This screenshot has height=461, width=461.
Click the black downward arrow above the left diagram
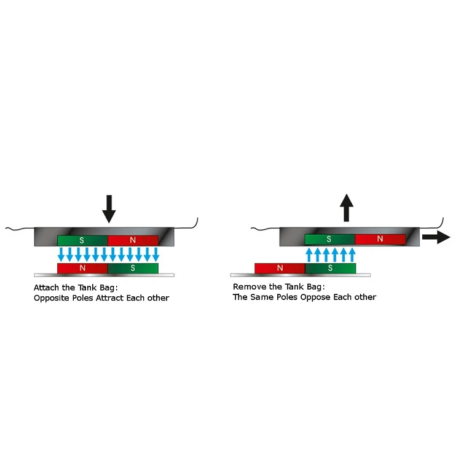point(109,208)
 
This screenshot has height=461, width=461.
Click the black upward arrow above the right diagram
point(347,207)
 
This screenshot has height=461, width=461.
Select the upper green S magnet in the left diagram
point(82,240)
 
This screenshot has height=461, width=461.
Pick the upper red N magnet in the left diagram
point(133,240)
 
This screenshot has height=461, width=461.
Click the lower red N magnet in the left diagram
point(82,268)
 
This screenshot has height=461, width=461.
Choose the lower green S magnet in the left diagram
point(133,268)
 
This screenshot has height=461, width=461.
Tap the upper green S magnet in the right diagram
point(329,238)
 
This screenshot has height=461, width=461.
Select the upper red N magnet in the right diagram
point(380,238)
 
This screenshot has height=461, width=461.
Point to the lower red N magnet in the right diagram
point(280,268)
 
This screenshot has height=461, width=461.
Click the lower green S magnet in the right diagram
point(330,268)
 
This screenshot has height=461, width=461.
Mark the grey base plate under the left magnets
point(104,275)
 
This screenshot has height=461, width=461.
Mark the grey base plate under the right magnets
point(301,275)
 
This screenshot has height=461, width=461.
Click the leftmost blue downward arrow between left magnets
point(61,253)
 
